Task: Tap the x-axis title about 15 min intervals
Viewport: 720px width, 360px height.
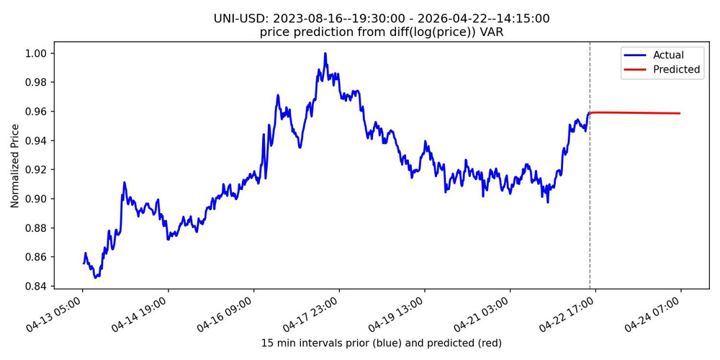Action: (381, 343)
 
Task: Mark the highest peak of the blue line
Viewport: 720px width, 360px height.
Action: (325, 53)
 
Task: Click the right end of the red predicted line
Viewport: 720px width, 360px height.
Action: (680, 113)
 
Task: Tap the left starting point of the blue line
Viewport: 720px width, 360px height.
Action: (84, 262)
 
